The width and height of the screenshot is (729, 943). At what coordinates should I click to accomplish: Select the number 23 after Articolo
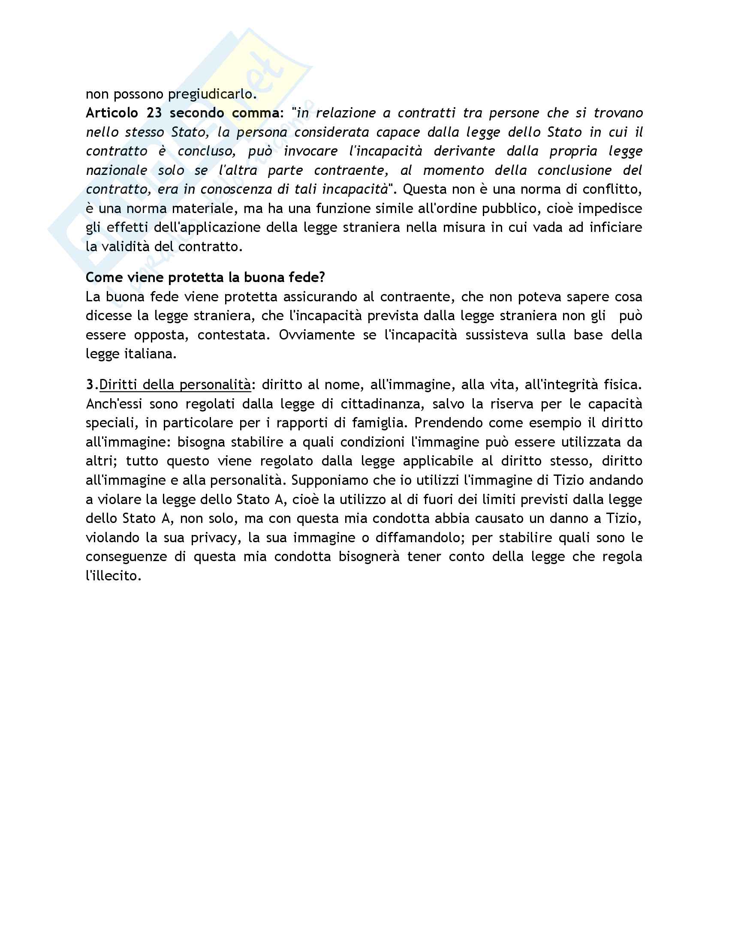click(x=154, y=113)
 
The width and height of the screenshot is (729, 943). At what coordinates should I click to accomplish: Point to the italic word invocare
click(x=310, y=151)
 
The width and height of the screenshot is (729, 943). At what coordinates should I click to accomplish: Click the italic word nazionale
click(x=117, y=170)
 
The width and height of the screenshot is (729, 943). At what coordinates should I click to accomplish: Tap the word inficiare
click(x=616, y=228)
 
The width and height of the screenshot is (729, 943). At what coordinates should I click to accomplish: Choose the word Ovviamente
click(x=316, y=335)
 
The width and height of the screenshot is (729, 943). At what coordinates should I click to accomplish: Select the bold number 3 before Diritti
click(x=89, y=385)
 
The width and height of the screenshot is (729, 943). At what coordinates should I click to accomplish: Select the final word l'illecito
click(x=114, y=576)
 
